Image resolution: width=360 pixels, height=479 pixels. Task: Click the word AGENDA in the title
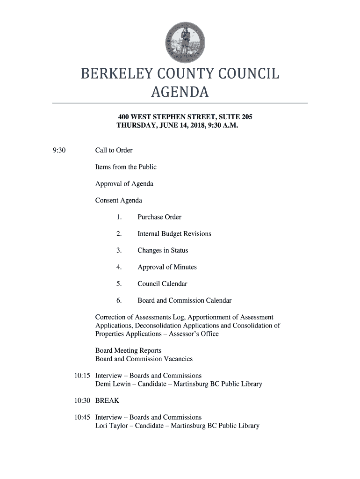tap(180, 93)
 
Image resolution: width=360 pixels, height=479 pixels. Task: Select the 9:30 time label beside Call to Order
tap(59, 150)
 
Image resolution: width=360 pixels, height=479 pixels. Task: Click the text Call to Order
tap(114, 150)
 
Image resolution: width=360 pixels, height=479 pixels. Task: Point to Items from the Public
tap(126, 167)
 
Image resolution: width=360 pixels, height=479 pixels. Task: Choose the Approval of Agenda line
tap(124, 183)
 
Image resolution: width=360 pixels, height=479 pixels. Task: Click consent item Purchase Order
tap(159, 217)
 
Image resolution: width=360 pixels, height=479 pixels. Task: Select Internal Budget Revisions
tap(174, 233)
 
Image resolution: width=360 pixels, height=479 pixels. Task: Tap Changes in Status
tap(163, 250)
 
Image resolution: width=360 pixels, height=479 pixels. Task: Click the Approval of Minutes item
tap(167, 267)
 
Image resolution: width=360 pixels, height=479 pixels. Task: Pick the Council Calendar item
tap(162, 283)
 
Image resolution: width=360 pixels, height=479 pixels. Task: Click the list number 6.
tap(119, 300)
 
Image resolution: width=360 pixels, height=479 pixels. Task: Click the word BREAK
tap(107, 400)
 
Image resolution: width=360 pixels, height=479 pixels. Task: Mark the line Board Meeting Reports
tap(128, 350)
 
